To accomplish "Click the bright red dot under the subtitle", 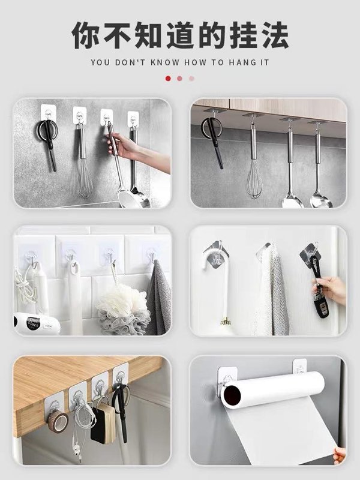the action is [168, 79].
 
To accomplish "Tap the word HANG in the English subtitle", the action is [241, 62].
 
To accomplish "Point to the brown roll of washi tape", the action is [57, 421].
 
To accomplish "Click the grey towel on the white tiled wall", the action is [159, 298].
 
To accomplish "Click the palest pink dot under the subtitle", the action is [191, 79].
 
